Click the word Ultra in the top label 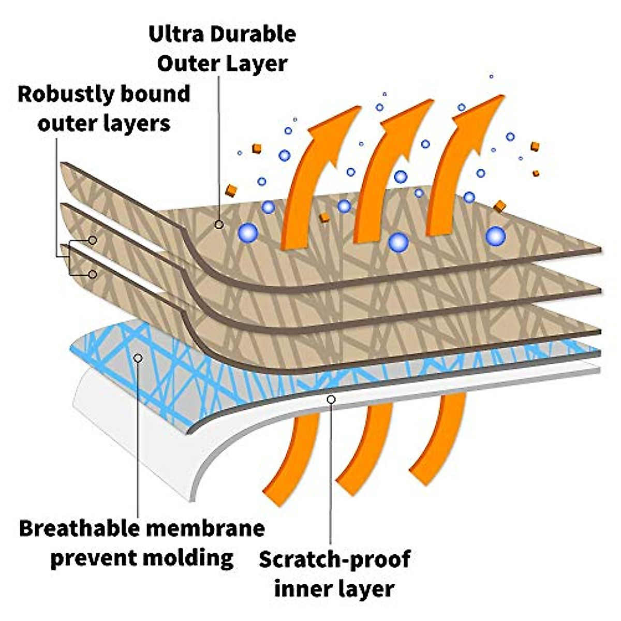173,34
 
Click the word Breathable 80,529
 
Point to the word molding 187,558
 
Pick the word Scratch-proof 335,560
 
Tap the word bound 155,95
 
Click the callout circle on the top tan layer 219,224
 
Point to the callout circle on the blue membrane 138,358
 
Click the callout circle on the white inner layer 331,400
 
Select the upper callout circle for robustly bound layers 93,240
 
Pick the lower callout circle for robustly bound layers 93,274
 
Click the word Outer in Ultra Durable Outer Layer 190,64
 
